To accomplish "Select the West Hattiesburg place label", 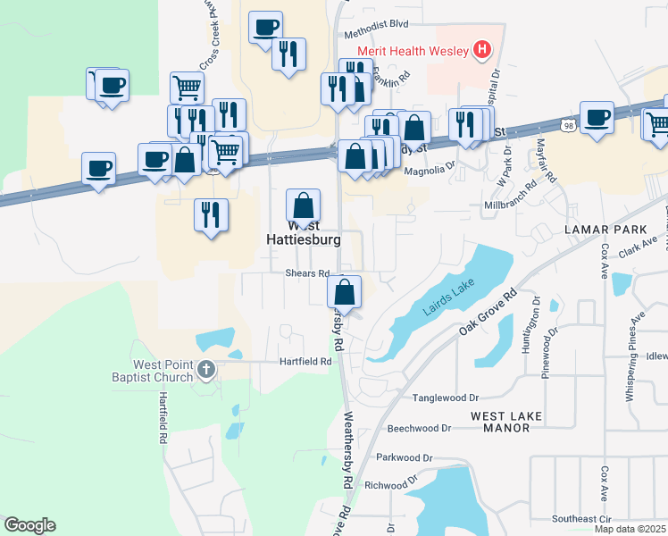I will tap(303, 240).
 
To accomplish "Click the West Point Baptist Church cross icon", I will tap(206, 369).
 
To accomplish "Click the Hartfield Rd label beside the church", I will tap(305, 361).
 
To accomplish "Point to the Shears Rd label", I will tap(308, 273).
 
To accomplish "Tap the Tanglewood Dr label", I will tap(446, 398).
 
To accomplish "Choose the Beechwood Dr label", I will tap(420, 428).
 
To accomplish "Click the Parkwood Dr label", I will tap(405, 457).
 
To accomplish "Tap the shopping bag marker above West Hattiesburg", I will tap(304, 205).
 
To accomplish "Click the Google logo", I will tap(29, 525).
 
